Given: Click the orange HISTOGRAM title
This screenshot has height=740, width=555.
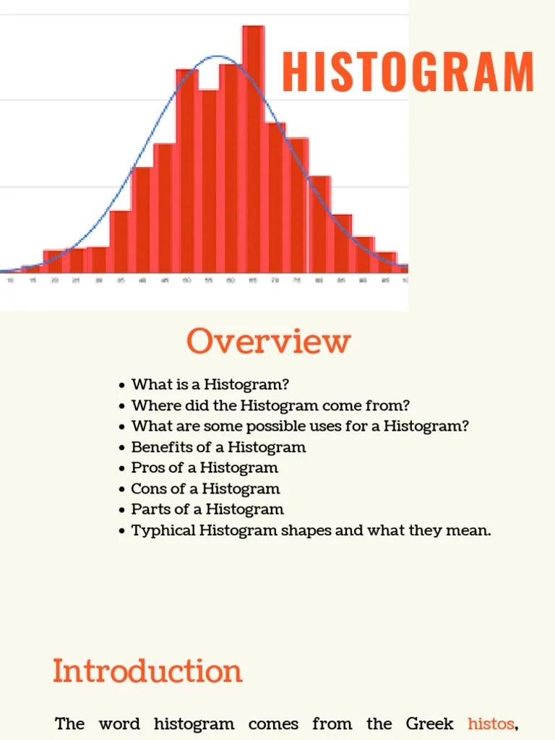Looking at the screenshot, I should tap(408, 72).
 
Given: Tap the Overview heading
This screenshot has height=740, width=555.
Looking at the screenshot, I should tap(268, 341).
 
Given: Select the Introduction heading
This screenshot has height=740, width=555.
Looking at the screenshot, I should tap(147, 671).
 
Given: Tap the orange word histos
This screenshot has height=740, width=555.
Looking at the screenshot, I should tap(491, 723).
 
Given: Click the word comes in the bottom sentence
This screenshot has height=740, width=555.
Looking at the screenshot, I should tap(273, 723).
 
